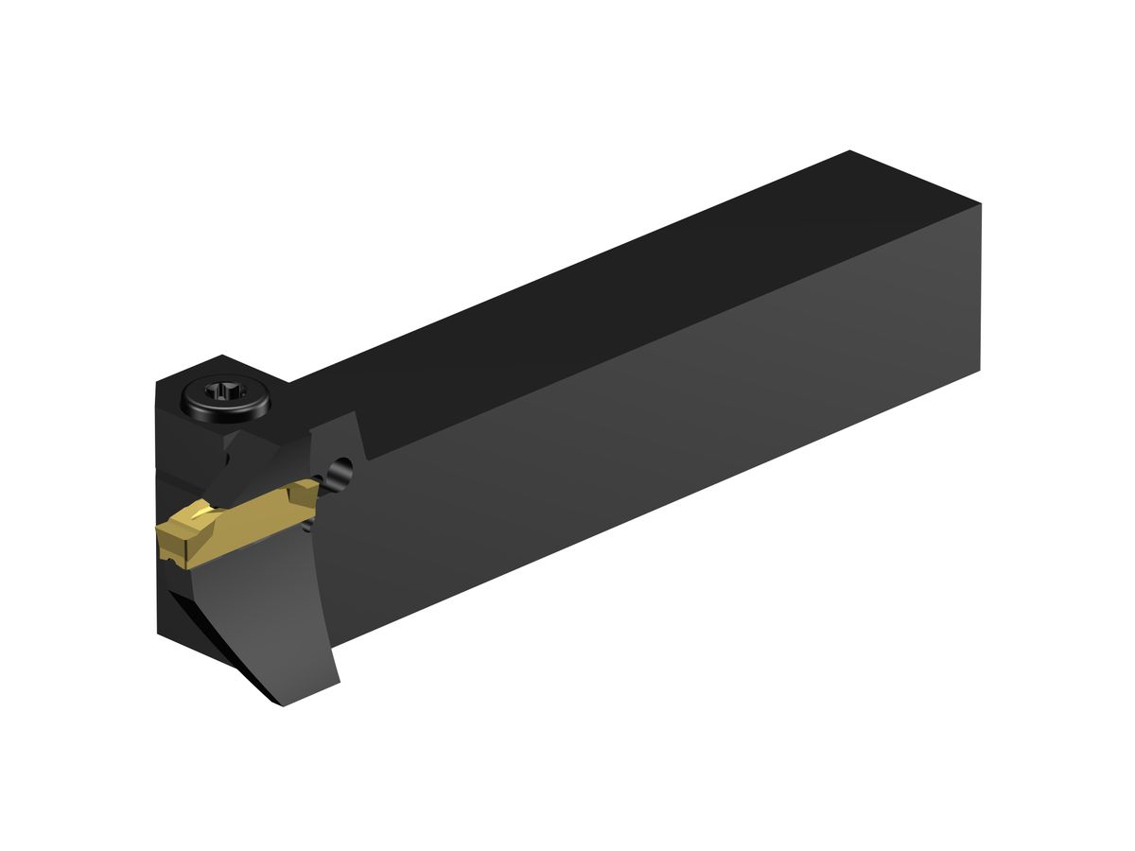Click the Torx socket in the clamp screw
coord(225,391)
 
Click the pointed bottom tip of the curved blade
coord(282,705)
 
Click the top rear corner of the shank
coord(850,152)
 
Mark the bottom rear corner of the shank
coord(979,370)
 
